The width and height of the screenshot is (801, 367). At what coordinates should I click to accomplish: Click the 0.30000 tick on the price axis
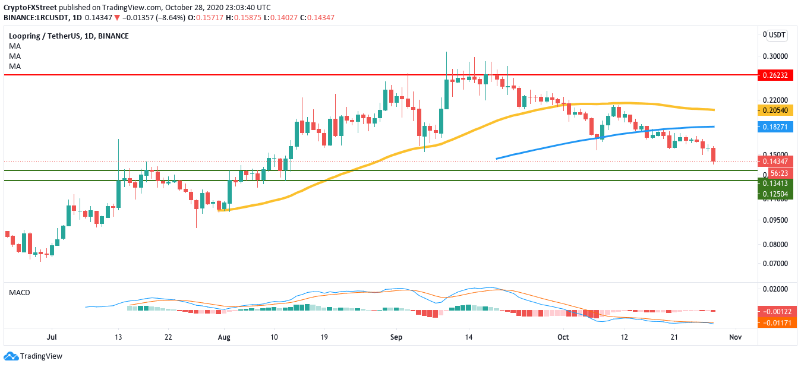tap(775, 56)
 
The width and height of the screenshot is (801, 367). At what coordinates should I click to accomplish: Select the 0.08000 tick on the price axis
tap(775, 245)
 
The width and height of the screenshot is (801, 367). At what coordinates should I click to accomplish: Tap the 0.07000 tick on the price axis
tap(775, 264)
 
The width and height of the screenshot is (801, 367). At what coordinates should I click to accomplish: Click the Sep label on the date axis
tap(396, 337)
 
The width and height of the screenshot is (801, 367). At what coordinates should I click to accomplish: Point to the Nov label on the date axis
tap(736, 337)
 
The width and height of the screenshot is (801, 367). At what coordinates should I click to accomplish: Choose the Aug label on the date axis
tap(223, 337)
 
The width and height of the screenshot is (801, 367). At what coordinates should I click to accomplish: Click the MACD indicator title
tap(19, 293)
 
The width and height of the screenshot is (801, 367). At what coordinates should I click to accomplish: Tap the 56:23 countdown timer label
tap(778, 173)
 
